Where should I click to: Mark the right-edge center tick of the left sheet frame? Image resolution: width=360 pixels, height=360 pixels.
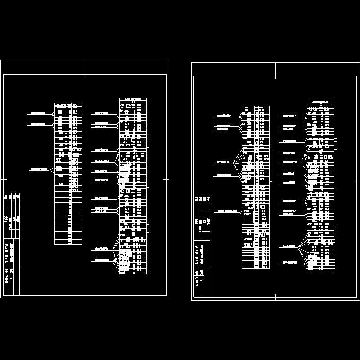166,179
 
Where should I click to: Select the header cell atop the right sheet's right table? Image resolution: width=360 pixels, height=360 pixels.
320,102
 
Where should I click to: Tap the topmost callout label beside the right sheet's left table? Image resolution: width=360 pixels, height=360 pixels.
227,116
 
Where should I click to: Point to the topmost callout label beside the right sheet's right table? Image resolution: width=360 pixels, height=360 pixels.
290,116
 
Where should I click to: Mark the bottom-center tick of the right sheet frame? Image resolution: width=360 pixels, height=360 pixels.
276,297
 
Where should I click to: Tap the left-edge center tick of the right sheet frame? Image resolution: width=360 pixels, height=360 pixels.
194,180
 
